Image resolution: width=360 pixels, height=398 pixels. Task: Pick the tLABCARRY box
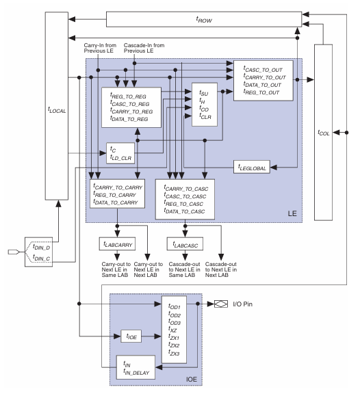pos(115,243)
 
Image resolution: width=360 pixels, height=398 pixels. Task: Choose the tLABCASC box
pos(183,243)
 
